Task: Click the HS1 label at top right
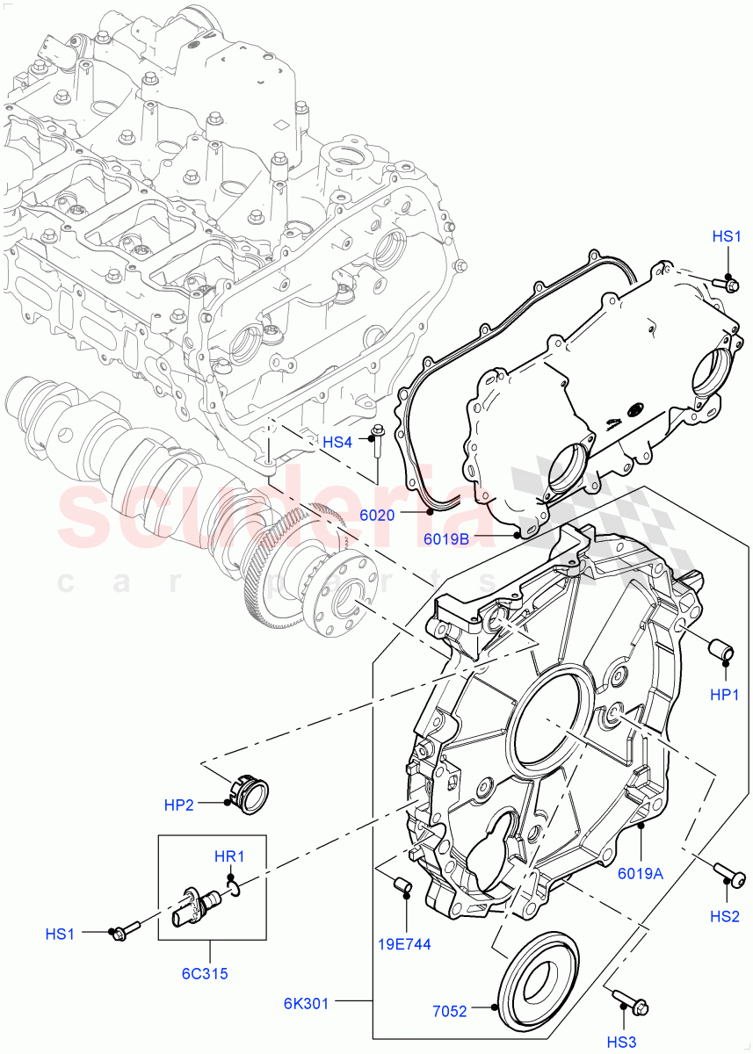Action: pos(727,236)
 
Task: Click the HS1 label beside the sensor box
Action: pos(60,935)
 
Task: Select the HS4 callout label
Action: pos(337,442)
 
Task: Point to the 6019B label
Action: pos(447,539)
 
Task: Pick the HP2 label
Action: pos(179,805)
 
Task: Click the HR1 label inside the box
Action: pos(229,856)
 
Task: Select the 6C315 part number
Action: pos(211,974)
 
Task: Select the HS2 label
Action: pos(725,917)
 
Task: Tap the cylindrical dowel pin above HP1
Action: pos(722,653)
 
